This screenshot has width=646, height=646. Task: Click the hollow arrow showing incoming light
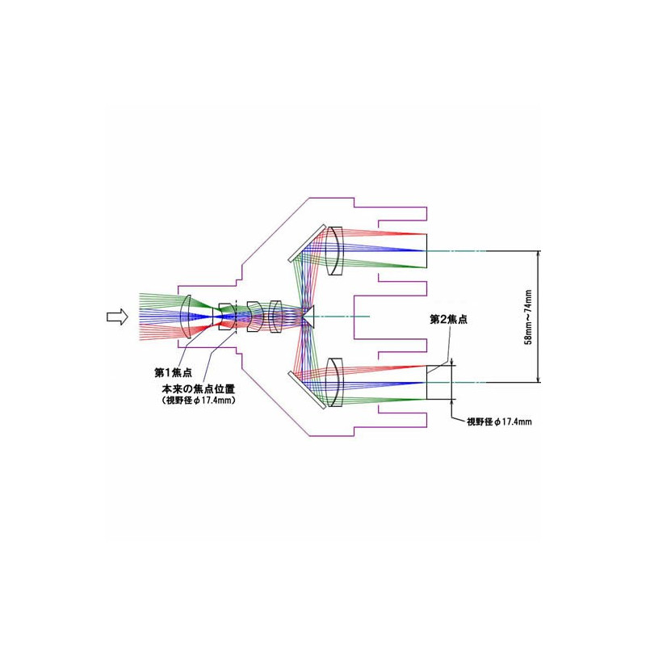tap(117, 317)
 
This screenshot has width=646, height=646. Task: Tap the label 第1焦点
tap(173, 373)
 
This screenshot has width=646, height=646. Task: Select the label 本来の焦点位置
tap(198, 389)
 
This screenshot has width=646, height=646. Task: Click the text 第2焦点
tap(449, 319)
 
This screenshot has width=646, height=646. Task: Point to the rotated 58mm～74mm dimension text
tap(528, 317)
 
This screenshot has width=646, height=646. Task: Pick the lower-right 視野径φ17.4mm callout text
tap(499, 422)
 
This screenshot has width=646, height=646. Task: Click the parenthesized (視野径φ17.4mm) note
tap(198, 400)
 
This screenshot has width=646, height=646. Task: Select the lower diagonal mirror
tap(308, 390)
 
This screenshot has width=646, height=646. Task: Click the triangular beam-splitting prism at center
tap(309, 317)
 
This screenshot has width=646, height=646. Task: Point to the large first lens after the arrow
tap(187, 317)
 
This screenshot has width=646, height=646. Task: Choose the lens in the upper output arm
tap(334, 251)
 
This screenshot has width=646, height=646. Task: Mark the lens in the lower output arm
tap(334, 382)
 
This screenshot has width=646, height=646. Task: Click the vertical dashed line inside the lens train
tap(236, 317)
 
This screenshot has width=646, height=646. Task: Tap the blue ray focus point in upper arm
tap(426, 251)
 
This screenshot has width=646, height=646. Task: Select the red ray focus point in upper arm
tap(426, 234)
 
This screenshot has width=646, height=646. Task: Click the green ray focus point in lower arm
tap(426, 399)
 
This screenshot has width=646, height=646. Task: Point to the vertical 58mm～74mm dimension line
tap(538, 317)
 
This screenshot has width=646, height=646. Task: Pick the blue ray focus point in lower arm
tap(426, 382)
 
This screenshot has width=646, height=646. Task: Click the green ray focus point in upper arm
tap(426, 268)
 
